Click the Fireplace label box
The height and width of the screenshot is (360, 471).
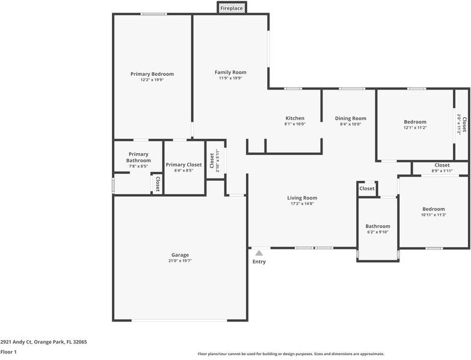tap(232, 8)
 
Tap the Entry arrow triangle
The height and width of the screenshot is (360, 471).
tap(259, 254)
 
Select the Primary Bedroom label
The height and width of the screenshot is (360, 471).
tap(152, 74)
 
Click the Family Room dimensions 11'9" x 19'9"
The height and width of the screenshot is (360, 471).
tap(230, 78)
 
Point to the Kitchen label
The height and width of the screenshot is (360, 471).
tap(295, 118)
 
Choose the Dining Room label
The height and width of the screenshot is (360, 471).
tap(350, 118)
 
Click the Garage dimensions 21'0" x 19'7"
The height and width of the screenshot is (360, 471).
tap(179, 261)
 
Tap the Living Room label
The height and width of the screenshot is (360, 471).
tap(302, 198)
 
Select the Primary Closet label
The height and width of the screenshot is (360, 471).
tap(183, 165)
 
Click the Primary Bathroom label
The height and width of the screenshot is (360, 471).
tap(138, 157)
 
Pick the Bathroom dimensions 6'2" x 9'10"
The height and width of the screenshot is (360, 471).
tap(378, 232)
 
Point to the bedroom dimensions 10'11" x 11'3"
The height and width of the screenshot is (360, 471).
tap(433, 215)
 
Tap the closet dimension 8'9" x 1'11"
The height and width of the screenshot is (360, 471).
tap(442, 171)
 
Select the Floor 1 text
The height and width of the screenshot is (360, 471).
tap(8, 352)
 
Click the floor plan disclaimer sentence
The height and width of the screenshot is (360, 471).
tap(291, 354)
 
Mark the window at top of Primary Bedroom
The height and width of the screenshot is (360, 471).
tap(153, 14)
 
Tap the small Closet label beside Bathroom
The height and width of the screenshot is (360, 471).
tap(366, 188)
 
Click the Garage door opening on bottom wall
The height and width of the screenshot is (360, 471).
tap(179, 320)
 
